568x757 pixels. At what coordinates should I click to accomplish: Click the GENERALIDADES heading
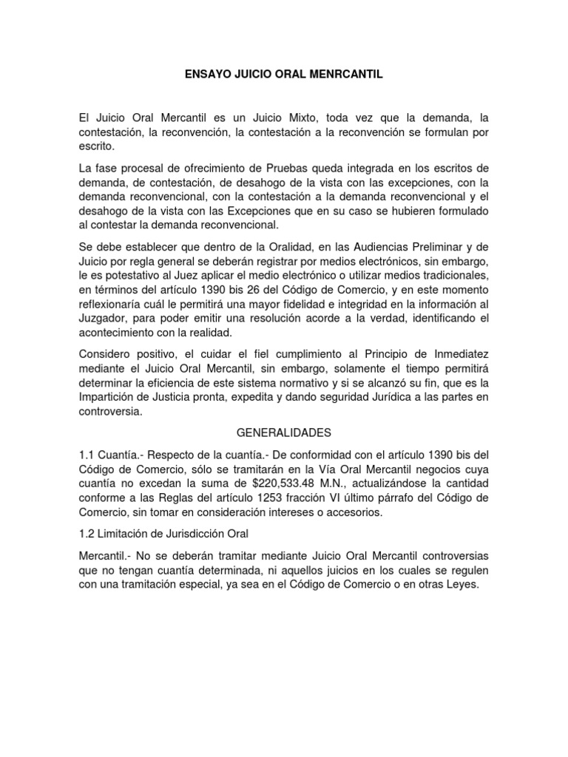[284, 431]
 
